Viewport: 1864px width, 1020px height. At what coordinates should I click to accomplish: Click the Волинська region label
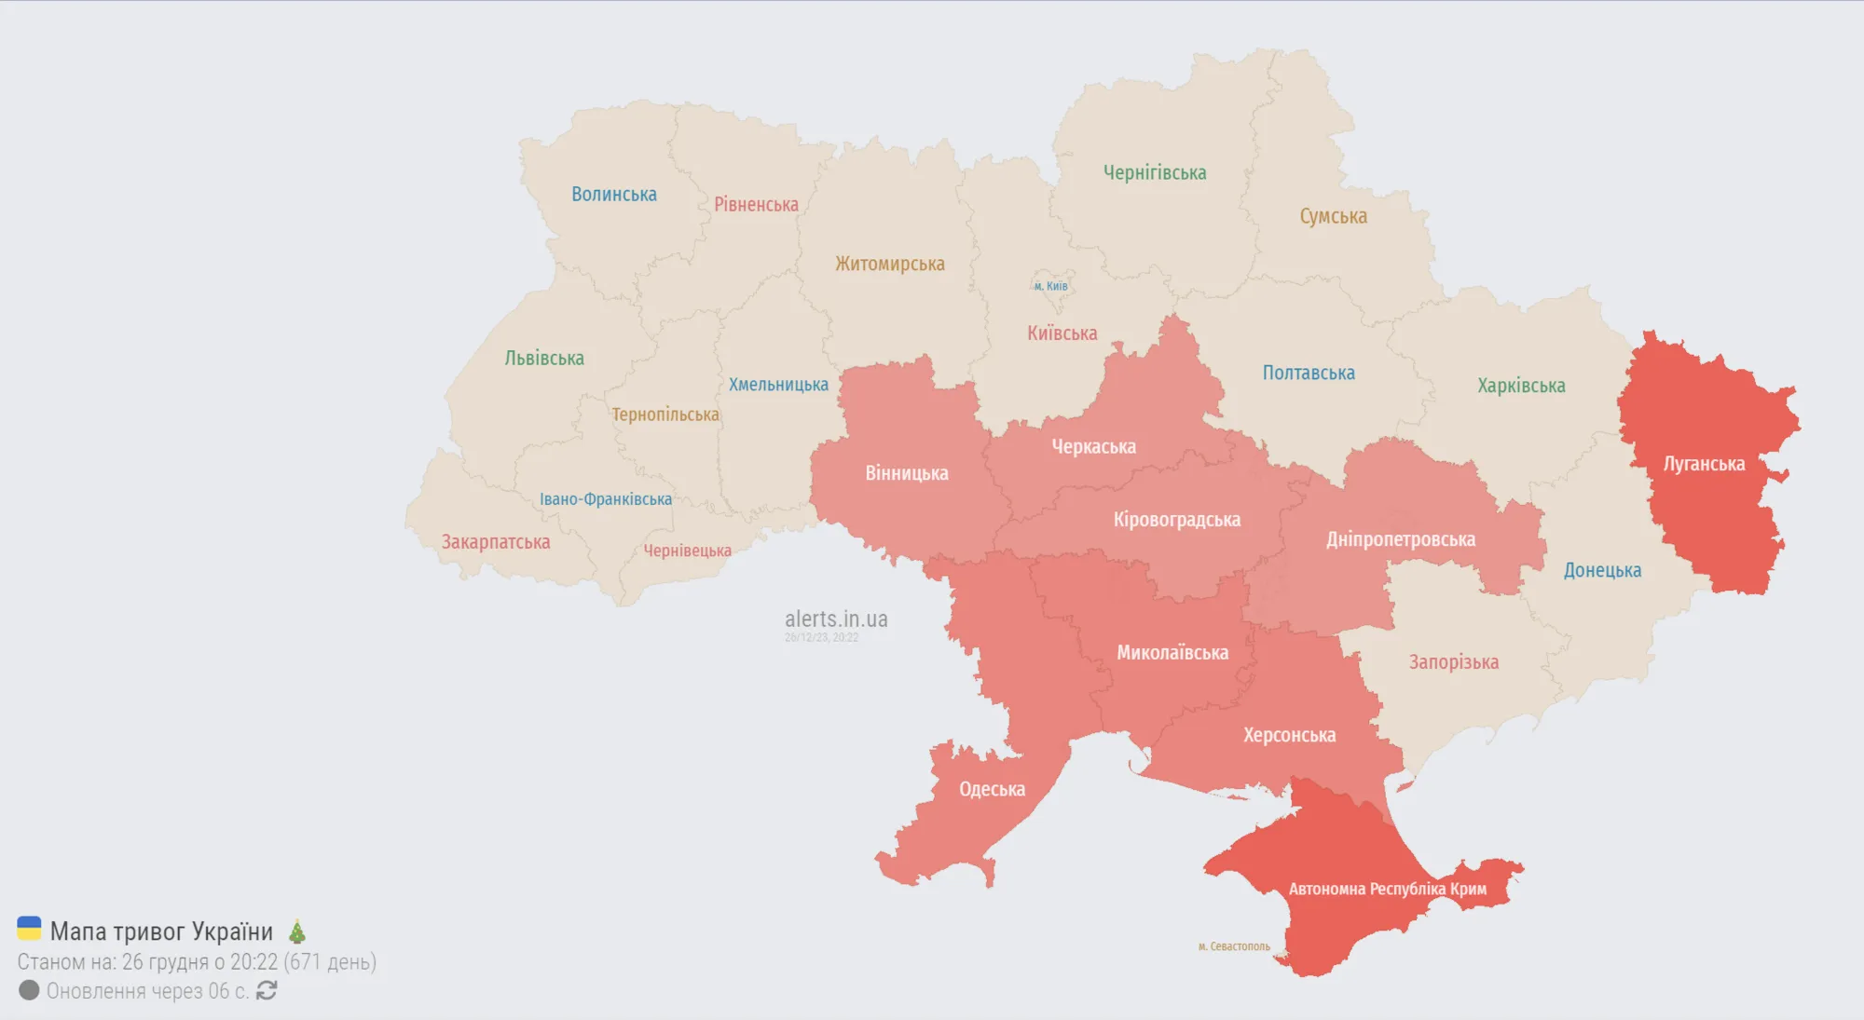click(x=613, y=194)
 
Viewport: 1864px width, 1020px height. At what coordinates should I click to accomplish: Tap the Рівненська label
click(x=756, y=204)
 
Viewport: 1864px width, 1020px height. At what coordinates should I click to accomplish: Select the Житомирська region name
click(x=889, y=264)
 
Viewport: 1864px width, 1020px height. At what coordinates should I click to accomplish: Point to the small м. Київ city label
click(x=1050, y=286)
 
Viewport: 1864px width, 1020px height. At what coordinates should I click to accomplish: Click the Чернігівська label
click(x=1154, y=172)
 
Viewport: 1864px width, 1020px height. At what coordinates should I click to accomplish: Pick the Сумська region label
click(x=1333, y=216)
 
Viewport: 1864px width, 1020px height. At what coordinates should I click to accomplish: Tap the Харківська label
click(x=1521, y=386)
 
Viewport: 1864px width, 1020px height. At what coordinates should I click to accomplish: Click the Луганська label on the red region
click(x=1704, y=464)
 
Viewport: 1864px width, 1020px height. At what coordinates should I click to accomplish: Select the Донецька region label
click(x=1602, y=570)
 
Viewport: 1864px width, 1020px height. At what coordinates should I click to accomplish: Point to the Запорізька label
click(x=1453, y=662)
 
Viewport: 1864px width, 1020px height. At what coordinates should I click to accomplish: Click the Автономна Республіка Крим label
click(x=1387, y=889)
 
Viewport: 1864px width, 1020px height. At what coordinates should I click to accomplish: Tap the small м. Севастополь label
click(x=1234, y=946)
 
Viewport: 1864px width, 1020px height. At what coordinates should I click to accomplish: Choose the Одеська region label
click(x=992, y=789)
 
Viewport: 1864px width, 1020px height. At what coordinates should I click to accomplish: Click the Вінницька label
click(x=906, y=473)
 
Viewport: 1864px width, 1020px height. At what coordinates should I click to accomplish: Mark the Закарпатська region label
click(x=495, y=542)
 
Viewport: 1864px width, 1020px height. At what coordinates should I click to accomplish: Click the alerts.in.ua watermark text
click(x=835, y=619)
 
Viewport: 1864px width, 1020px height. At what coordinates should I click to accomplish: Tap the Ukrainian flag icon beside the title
click(x=30, y=929)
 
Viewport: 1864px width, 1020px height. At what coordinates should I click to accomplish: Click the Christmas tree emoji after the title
click(x=297, y=931)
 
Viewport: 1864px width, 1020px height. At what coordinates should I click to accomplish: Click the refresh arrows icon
click(x=267, y=990)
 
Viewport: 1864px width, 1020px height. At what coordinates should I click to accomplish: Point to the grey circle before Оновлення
click(x=29, y=989)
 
